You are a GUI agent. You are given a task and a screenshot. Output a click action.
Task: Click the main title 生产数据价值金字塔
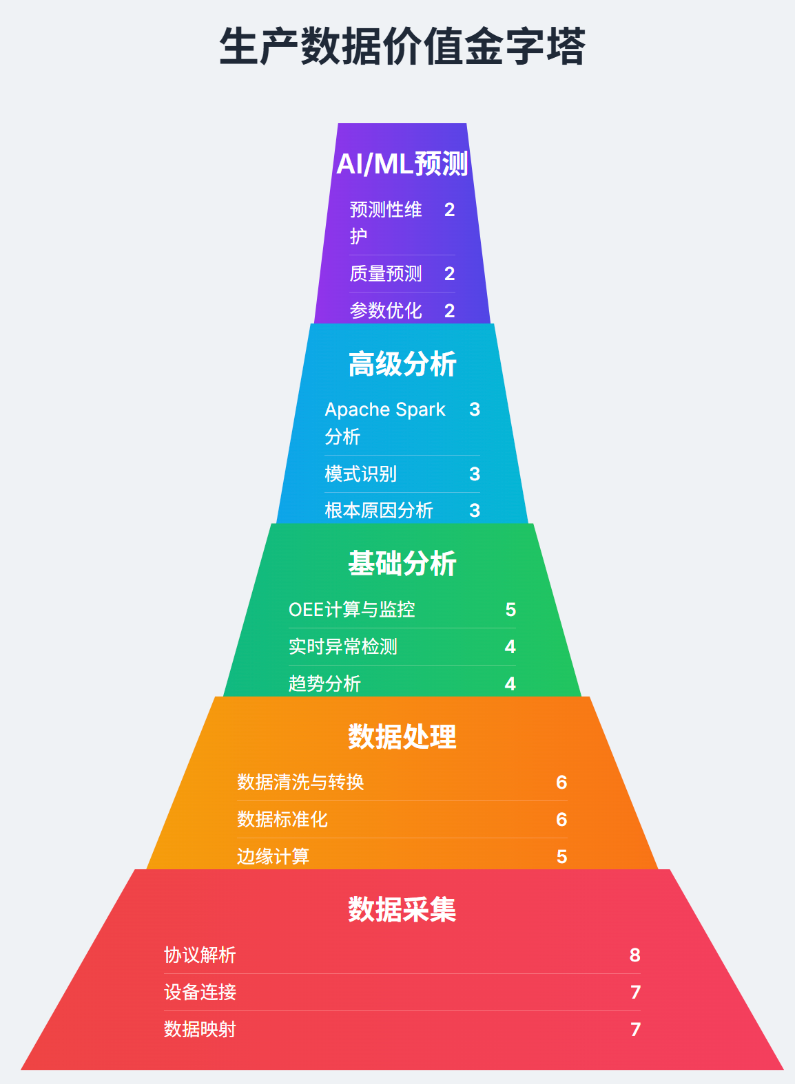click(x=402, y=47)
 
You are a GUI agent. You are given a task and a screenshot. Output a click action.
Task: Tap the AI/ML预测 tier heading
click(x=402, y=164)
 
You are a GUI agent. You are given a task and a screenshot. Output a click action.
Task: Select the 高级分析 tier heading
click(x=402, y=364)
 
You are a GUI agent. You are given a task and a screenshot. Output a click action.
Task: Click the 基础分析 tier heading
click(x=402, y=564)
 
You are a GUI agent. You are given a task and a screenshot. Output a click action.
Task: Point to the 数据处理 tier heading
click(x=402, y=736)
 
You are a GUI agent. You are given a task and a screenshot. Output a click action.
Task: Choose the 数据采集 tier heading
click(x=402, y=909)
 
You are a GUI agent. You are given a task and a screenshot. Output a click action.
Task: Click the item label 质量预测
click(x=386, y=274)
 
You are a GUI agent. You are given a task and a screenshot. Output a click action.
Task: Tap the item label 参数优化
click(x=386, y=311)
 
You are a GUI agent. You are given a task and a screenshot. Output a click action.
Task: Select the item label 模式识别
click(x=361, y=474)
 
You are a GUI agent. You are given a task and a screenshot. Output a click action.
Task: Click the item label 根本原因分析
click(x=379, y=511)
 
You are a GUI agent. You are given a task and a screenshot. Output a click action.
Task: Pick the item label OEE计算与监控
click(x=352, y=610)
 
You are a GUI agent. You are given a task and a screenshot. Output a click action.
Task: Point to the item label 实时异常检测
click(x=343, y=647)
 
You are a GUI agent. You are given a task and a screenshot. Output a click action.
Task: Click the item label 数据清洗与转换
click(x=300, y=783)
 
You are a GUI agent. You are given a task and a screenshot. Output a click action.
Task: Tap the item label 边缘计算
click(x=273, y=857)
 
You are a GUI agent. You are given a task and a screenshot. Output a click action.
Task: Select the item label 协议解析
click(x=200, y=955)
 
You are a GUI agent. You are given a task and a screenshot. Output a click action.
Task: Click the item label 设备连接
click(x=200, y=992)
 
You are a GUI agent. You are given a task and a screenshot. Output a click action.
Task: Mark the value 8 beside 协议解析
click(x=635, y=955)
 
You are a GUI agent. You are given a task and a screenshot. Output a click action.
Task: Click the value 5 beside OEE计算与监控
click(x=510, y=610)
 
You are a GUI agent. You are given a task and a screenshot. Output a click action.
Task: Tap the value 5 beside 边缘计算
click(x=562, y=857)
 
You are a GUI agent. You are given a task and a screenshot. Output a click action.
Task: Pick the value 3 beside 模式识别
click(x=475, y=474)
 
